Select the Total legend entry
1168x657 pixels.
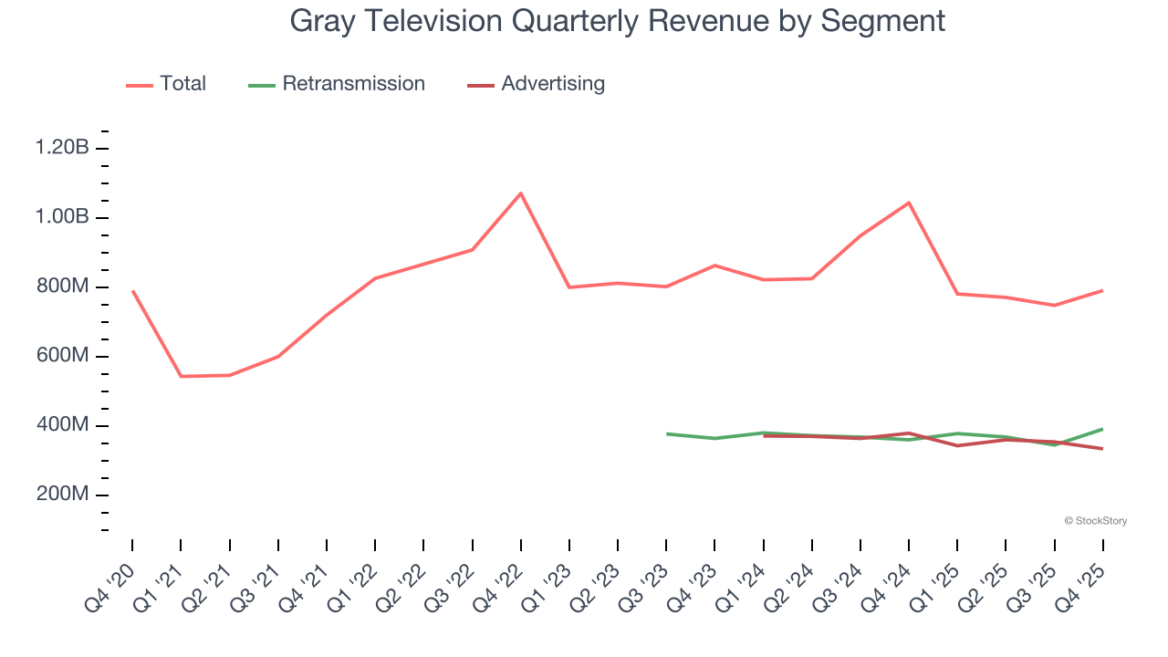coord(166,84)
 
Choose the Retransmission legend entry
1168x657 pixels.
coord(337,84)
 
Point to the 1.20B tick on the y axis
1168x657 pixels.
coord(62,148)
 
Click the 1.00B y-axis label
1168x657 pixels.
coord(62,217)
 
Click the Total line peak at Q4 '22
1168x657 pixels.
coord(521,193)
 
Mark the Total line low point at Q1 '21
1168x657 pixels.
coord(181,376)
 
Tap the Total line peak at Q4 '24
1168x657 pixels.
coord(909,203)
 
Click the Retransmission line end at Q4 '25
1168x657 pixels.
coord(1102,429)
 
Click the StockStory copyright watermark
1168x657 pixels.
coord(1095,521)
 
